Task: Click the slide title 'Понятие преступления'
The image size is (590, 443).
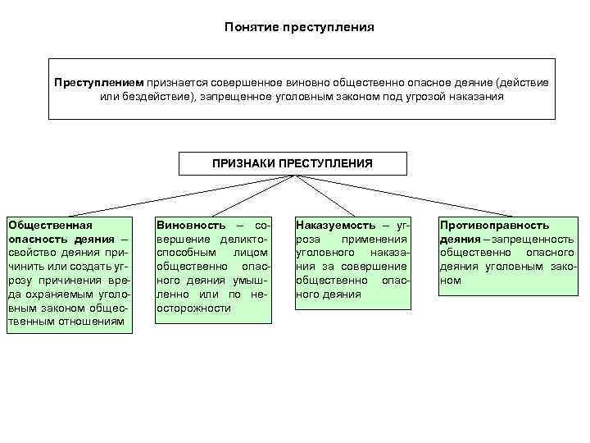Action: click(x=298, y=27)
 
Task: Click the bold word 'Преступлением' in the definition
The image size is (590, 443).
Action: click(x=98, y=83)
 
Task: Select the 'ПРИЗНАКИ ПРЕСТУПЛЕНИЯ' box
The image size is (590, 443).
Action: click(x=292, y=163)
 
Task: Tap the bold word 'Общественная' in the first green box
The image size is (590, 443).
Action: click(x=48, y=225)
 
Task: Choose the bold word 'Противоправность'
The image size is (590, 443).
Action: click(x=494, y=225)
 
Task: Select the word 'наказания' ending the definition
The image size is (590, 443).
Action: click(x=479, y=97)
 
